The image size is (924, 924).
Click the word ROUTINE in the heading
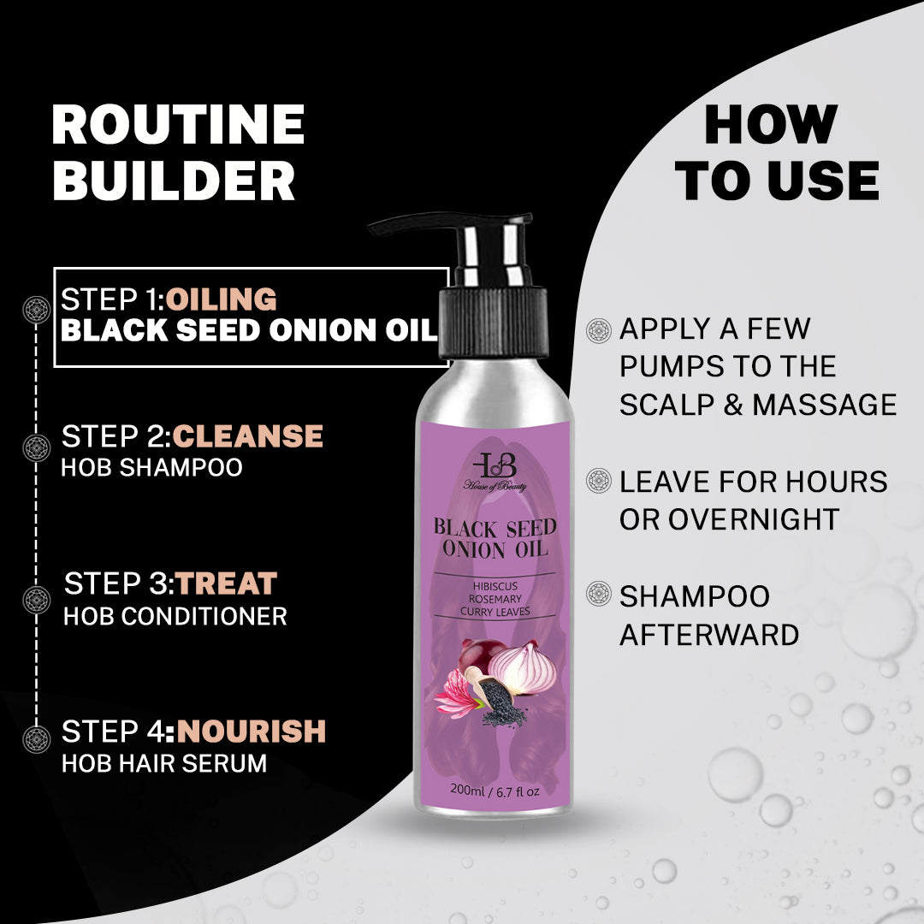point(178,124)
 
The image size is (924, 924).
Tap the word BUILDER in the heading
point(174,181)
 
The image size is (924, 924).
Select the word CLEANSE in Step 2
point(247,436)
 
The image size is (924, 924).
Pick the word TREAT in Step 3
point(226,583)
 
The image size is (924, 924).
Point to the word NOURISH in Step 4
point(251,731)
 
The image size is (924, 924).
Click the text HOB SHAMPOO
point(152,467)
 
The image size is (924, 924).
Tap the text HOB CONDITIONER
point(175,616)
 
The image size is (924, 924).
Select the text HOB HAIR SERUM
point(164,764)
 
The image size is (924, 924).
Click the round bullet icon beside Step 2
point(37,447)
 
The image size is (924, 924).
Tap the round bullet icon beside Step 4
point(37,739)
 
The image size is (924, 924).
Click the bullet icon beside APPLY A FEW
point(599,330)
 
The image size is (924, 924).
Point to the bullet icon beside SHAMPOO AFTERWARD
point(599,594)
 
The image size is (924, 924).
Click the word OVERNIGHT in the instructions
point(754,519)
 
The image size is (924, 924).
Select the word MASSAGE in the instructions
point(825,405)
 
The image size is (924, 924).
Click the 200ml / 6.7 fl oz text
point(495,791)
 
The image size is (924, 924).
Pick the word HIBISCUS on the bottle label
point(495,586)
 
